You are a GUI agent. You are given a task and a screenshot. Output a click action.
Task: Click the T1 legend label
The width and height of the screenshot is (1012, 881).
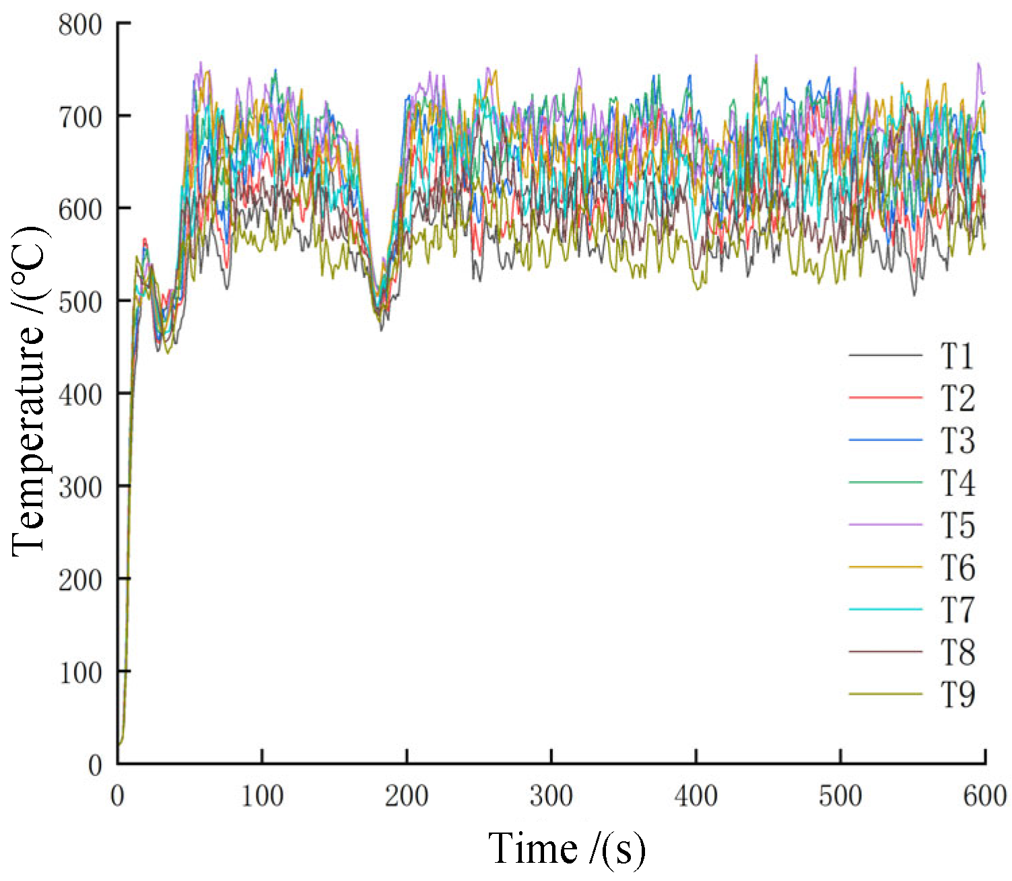pyautogui.click(x=957, y=356)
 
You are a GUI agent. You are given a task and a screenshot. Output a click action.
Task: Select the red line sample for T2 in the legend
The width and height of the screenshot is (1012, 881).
pyautogui.click(x=885, y=398)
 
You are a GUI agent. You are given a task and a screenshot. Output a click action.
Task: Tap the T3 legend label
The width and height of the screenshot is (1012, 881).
pyautogui.click(x=957, y=440)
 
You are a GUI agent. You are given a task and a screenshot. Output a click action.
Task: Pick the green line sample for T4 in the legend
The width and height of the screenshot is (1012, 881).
pyautogui.click(x=885, y=483)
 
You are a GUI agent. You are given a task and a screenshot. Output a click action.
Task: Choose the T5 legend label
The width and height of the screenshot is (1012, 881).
pyautogui.click(x=957, y=525)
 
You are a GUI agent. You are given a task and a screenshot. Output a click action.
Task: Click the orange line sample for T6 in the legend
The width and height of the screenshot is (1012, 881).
pyautogui.click(x=885, y=567)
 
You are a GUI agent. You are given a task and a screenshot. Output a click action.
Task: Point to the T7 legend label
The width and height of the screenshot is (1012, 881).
pyautogui.click(x=957, y=610)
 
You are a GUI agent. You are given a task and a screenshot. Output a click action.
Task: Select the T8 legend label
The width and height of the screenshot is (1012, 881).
pyautogui.click(x=957, y=652)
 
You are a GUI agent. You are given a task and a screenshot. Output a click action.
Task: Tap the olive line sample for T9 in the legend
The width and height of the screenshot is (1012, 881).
pyautogui.click(x=885, y=694)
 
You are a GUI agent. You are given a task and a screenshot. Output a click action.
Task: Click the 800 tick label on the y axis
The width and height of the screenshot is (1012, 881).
pyautogui.click(x=80, y=25)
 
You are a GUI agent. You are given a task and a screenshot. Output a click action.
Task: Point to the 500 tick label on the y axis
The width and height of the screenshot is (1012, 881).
pyautogui.click(x=80, y=302)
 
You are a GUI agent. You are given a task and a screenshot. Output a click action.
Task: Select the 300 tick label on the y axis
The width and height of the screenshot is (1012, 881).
pyautogui.click(x=80, y=487)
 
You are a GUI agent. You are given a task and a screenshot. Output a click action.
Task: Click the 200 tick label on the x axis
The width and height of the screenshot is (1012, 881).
pyautogui.click(x=407, y=796)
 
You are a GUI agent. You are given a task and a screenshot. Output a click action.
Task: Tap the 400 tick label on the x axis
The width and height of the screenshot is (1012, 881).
pyautogui.click(x=696, y=796)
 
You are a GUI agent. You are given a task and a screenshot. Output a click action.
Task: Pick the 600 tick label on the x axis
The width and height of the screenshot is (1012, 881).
pyautogui.click(x=984, y=796)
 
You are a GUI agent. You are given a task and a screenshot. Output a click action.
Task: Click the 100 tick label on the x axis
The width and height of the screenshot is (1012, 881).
pyautogui.click(x=262, y=796)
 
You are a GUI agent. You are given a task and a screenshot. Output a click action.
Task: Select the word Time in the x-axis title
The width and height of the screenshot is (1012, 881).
pyautogui.click(x=533, y=848)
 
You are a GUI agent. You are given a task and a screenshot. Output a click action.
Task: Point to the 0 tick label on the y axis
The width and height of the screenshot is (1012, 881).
pyautogui.click(x=95, y=765)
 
